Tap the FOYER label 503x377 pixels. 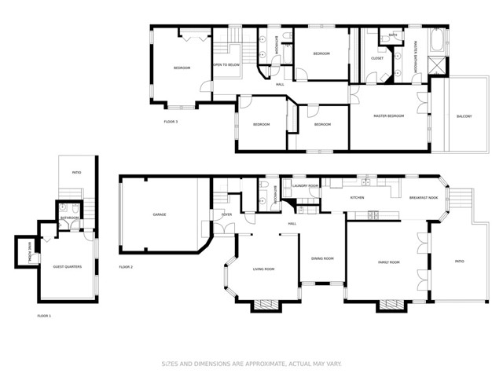click(x=226, y=213)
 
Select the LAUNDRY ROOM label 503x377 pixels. click(x=305, y=186)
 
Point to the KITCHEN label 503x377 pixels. click(x=357, y=197)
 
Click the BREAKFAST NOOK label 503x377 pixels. click(x=422, y=197)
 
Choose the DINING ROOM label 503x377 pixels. click(x=322, y=258)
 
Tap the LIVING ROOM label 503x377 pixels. click(x=263, y=269)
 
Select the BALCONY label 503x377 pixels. click(x=464, y=117)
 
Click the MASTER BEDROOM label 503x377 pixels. click(x=388, y=115)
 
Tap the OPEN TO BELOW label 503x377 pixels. click(x=226, y=65)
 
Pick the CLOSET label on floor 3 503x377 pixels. click(x=376, y=57)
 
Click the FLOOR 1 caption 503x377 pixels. click(x=44, y=315)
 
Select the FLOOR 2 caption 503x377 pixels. click(x=126, y=267)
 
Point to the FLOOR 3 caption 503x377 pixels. click(x=171, y=122)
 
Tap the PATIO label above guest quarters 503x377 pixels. click(x=76, y=172)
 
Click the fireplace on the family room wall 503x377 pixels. click(x=388, y=305)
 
